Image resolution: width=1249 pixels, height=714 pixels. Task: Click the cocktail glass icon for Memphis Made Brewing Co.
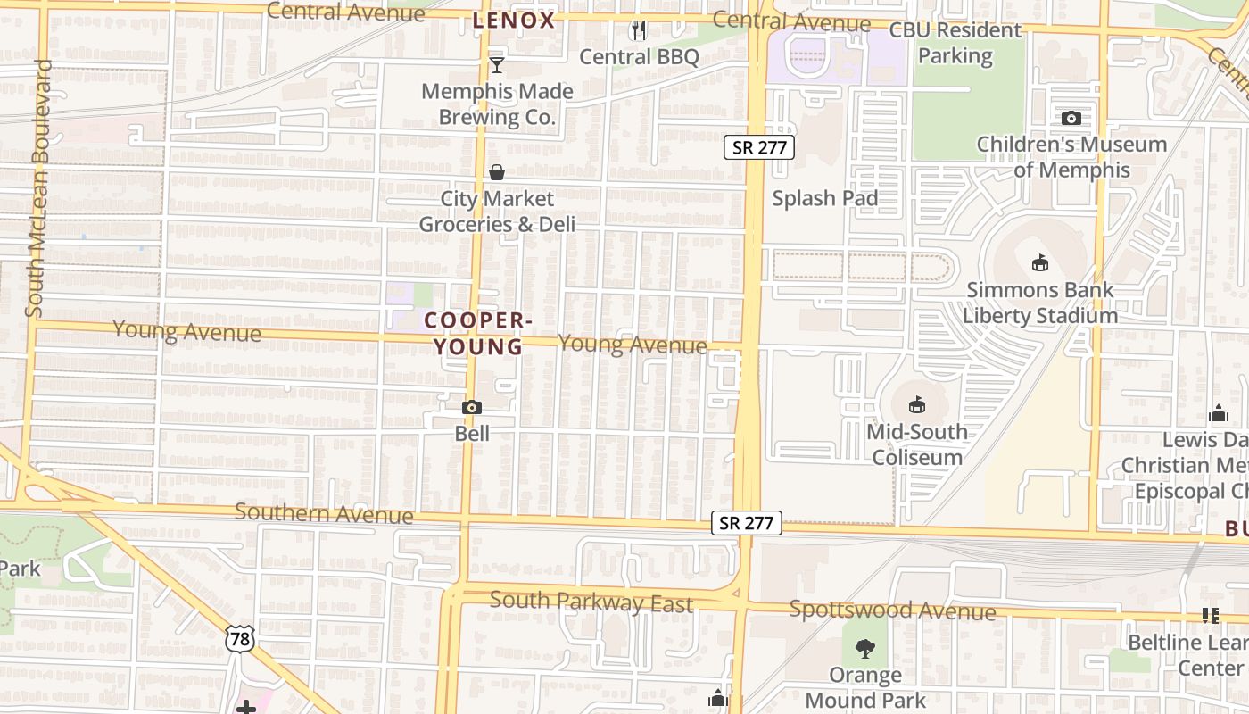tap(497, 65)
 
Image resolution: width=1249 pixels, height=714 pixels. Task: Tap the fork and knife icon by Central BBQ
tap(639, 31)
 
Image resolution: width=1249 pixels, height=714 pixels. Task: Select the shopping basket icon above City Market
tap(497, 172)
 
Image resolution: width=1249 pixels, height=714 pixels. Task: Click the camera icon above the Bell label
tap(472, 408)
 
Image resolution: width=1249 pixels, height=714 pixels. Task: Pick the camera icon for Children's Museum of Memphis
tap(1071, 118)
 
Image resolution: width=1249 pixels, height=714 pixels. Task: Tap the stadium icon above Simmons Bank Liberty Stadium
tap(1040, 263)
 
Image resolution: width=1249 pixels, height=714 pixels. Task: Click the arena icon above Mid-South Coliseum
tap(917, 405)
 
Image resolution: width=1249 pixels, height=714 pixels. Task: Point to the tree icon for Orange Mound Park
tap(864, 649)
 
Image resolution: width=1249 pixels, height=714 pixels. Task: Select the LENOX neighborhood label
tap(514, 21)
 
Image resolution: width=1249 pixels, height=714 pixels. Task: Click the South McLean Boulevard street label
tap(38, 188)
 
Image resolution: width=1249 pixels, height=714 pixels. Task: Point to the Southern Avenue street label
tap(324, 513)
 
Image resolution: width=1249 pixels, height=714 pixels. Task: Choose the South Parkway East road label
tap(591, 602)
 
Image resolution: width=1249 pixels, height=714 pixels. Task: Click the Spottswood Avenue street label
tap(892, 610)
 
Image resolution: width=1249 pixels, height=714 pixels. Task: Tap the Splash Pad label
tap(825, 198)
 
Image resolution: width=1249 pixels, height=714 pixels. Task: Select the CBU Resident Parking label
tap(955, 43)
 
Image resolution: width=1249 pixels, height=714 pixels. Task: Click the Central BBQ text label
tap(639, 57)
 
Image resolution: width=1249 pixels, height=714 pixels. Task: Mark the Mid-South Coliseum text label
tap(917, 444)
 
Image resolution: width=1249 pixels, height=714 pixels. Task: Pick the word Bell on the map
tap(472, 434)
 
